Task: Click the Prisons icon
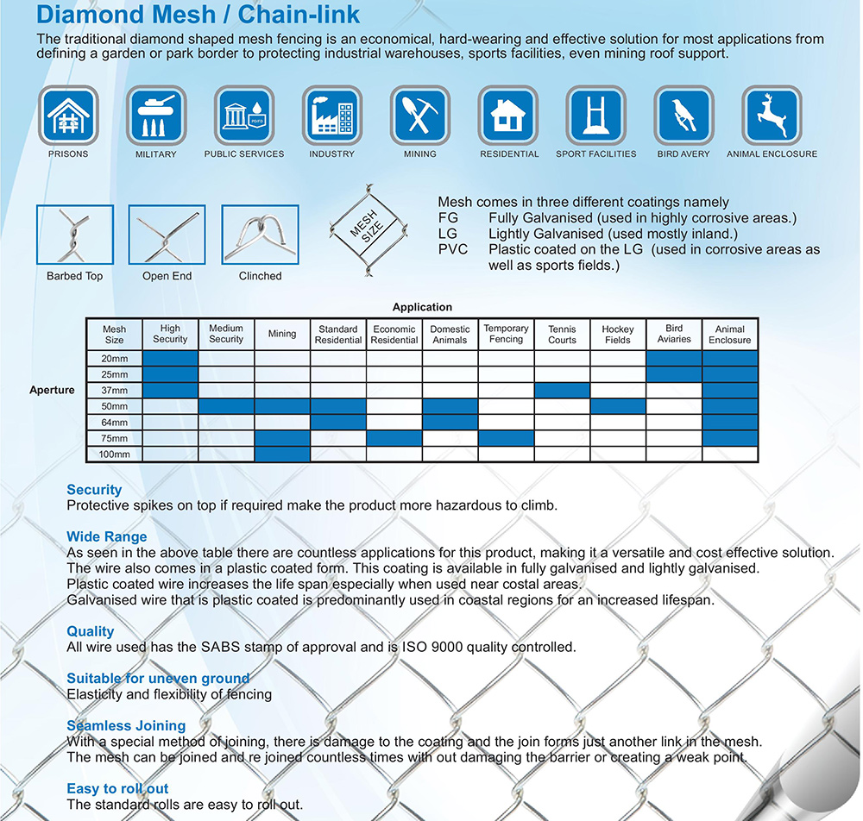click(x=68, y=116)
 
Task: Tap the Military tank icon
click(x=156, y=116)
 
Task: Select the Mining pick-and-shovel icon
click(x=419, y=116)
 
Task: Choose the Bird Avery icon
click(x=683, y=116)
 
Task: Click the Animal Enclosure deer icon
click(x=772, y=116)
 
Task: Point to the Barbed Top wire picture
click(x=75, y=234)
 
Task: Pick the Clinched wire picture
click(x=260, y=234)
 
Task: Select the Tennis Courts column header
click(x=562, y=335)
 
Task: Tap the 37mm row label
click(x=114, y=391)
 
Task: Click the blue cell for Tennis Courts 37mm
click(x=562, y=391)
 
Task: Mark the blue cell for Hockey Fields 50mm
click(x=618, y=406)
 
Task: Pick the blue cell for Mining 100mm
click(x=282, y=454)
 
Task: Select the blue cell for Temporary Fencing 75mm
click(x=506, y=438)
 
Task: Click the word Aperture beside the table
click(x=52, y=391)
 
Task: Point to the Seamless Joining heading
click(x=126, y=726)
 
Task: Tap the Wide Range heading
click(x=107, y=537)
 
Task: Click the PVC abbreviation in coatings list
click(x=453, y=249)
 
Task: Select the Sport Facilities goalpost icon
click(x=595, y=116)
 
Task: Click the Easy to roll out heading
click(x=117, y=789)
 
